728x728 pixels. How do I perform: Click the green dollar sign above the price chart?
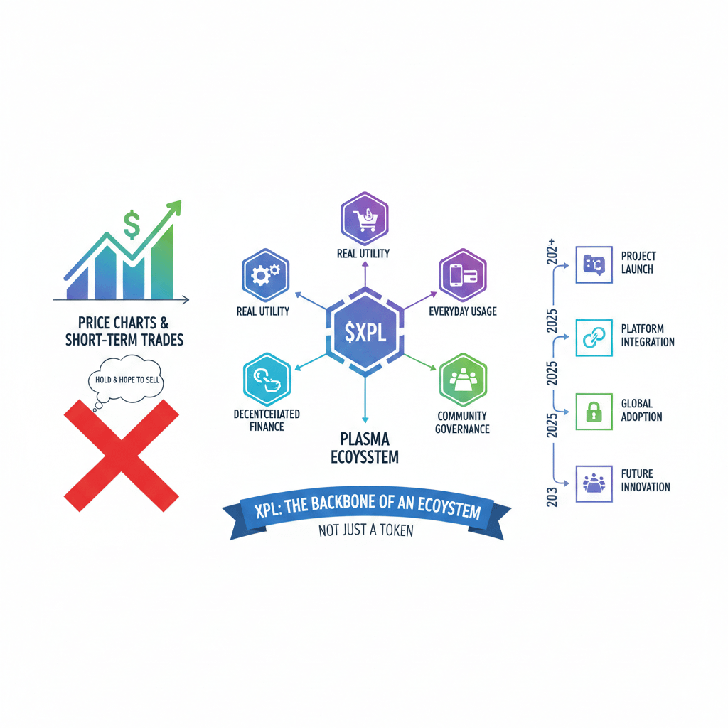pyautogui.click(x=132, y=225)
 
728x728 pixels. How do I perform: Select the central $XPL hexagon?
pyautogui.click(x=365, y=330)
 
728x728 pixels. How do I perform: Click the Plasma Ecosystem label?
pyautogui.click(x=365, y=446)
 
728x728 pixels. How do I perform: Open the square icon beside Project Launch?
pyautogui.click(x=593, y=264)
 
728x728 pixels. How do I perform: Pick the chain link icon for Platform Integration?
pyautogui.click(x=593, y=337)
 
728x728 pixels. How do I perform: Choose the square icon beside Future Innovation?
pyautogui.click(x=593, y=483)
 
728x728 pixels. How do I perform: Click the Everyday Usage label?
pyautogui.click(x=463, y=311)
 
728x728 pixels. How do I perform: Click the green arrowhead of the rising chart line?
pyautogui.click(x=174, y=208)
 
